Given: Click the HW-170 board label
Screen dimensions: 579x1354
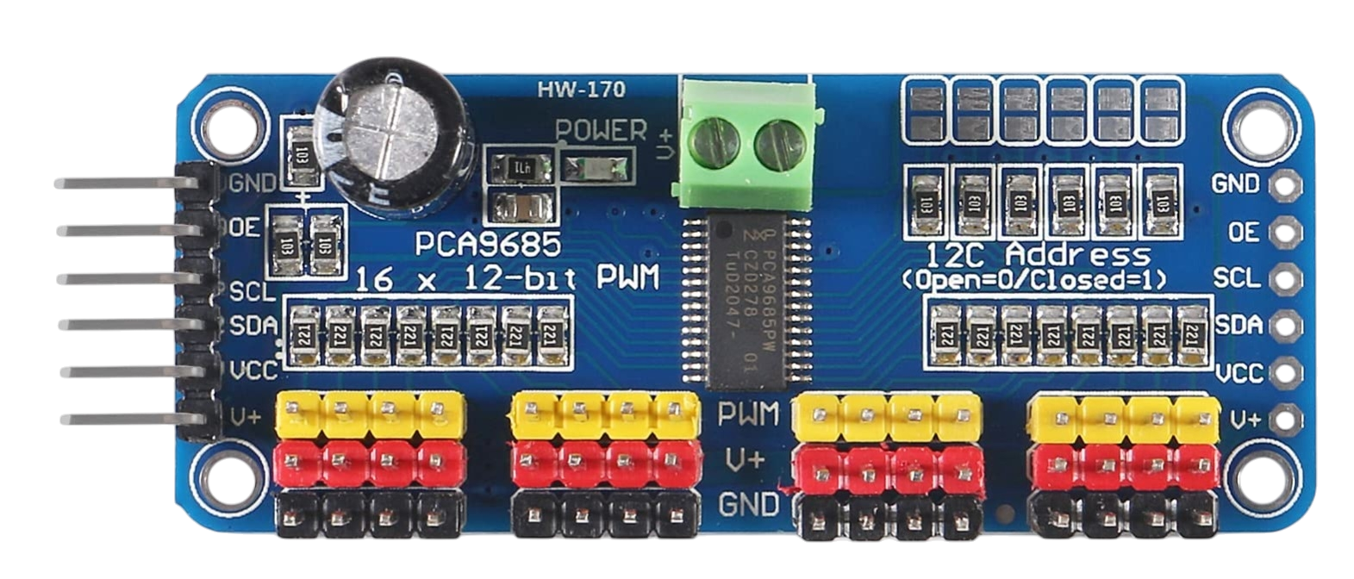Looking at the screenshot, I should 581,89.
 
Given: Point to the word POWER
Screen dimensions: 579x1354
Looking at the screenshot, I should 601,130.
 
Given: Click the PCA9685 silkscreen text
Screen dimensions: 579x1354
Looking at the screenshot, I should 488,244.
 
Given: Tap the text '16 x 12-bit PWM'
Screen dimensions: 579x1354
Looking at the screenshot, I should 508,277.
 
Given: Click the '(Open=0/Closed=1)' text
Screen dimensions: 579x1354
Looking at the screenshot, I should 1034,280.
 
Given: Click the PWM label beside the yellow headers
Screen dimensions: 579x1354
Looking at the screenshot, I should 748,414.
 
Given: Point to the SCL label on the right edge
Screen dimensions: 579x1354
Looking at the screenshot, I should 1236,278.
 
